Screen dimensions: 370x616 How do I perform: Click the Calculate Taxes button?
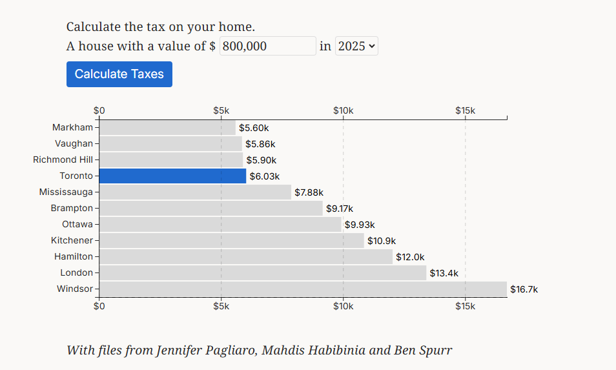[x=119, y=74]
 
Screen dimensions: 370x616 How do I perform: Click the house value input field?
[x=267, y=46]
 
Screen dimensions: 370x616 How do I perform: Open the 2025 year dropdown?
[x=356, y=46]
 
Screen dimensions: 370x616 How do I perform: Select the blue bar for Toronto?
[x=172, y=176]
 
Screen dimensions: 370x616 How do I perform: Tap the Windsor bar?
[x=303, y=289]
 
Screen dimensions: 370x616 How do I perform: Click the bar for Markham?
[x=167, y=127]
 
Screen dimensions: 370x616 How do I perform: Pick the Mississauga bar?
[x=195, y=192]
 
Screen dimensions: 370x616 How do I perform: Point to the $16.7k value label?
[x=524, y=289]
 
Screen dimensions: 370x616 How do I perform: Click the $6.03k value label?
[x=265, y=176]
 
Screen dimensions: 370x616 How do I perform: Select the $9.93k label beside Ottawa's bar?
[x=360, y=225]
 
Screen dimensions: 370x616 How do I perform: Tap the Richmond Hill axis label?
[x=63, y=159]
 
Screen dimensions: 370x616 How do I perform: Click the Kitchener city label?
[x=72, y=240]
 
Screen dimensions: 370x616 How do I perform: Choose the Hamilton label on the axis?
[x=74, y=256]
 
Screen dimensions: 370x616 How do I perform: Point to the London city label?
[x=77, y=272]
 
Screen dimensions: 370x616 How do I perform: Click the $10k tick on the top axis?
[x=343, y=110]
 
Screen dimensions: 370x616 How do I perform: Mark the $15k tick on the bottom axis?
[x=465, y=305]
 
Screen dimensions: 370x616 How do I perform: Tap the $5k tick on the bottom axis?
[x=221, y=305]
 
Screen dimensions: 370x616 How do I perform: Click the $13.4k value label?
[x=444, y=273]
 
